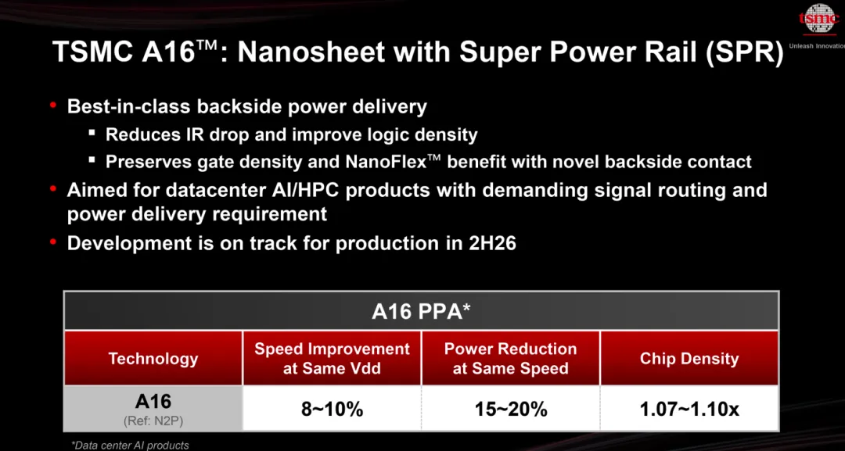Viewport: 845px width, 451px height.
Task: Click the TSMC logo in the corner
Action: (x=820, y=19)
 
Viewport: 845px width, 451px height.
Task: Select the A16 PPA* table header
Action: (x=421, y=312)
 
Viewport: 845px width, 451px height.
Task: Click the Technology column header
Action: (x=153, y=359)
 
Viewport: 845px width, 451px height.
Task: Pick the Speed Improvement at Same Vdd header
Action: (x=332, y=359)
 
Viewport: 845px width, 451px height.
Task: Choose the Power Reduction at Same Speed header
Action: (x=510, y=359)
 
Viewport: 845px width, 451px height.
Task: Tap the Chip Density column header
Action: (x=689, y=359)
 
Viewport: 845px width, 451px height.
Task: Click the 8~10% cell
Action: (x=332, y=409)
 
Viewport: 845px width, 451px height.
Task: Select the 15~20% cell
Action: (x=510, y=409)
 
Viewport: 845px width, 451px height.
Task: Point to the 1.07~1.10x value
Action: (x=689, y=409)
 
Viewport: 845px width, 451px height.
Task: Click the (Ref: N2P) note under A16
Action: (x=153, y=421)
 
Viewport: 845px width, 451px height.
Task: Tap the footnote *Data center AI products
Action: (x=130, y=445)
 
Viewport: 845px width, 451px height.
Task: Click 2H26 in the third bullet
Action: (x=492, y=243)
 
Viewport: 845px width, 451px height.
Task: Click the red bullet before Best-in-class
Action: (x=53, y=106)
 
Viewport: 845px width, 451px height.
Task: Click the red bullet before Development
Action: (x=53, y=242)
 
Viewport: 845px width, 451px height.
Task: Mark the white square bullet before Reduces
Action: (x=92, y=134)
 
